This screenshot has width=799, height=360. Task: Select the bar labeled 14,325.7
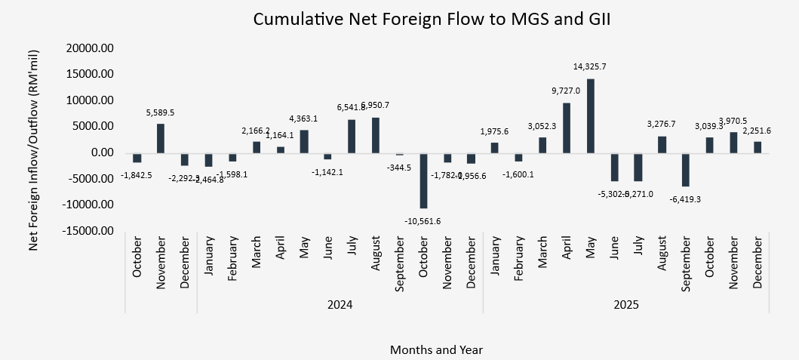pyautogui.click(x=591, y=115)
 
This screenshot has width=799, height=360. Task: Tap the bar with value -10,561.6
pyautogui.click(x=424, y=180)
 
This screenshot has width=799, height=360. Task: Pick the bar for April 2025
pyautogui.click(x=567, y=128)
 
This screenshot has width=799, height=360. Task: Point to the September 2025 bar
pyautogui.click(x=686, y=170)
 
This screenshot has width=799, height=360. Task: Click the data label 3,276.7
pyautogui.click(x=661, y=124)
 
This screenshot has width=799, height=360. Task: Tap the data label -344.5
pyautogui.click(x=399, y=167)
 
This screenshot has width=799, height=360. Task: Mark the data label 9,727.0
pyautogui.click(x=565, y=91)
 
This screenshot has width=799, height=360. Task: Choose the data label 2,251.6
pyautogui.click(x=758, y=130)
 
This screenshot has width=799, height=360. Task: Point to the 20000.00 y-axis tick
pyautogui.click(x=89, y=48)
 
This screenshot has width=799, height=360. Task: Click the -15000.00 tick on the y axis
pyautogui.click(x=88, y=231)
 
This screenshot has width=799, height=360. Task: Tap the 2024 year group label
pyautogui.click(x=340, y=305)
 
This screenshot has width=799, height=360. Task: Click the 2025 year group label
pyautogui.click(x=625, y=305)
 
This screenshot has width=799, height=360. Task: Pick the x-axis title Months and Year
pyautogui.click(x=436, y=349)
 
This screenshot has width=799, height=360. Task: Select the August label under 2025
pyautogui.click(x=662, y=261)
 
